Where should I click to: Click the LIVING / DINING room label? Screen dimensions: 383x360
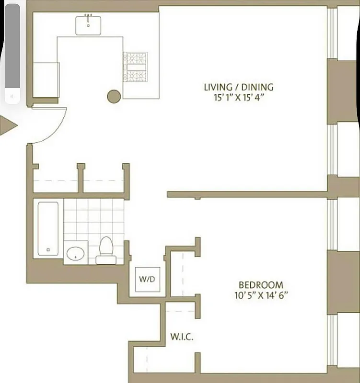coord(239,87)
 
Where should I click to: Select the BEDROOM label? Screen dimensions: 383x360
coord(261,284)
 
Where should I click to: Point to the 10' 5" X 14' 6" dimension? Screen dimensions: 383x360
coord(261,295)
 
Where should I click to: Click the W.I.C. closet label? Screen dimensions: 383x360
coord(182,337)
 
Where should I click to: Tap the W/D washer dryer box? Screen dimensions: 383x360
coord(147,279)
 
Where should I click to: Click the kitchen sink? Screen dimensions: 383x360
coord(88,25)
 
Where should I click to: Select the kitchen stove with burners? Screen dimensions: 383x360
coord(135,67)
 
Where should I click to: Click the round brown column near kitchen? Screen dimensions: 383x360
coord(113,97)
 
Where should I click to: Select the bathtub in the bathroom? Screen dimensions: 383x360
coord(48,228)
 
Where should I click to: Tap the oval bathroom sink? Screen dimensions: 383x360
coord(75,253)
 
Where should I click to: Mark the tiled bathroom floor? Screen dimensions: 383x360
coord(94,218)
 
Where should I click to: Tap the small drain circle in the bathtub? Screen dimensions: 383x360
coord(48,249)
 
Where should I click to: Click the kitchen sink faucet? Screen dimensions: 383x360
coord(88,16)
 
